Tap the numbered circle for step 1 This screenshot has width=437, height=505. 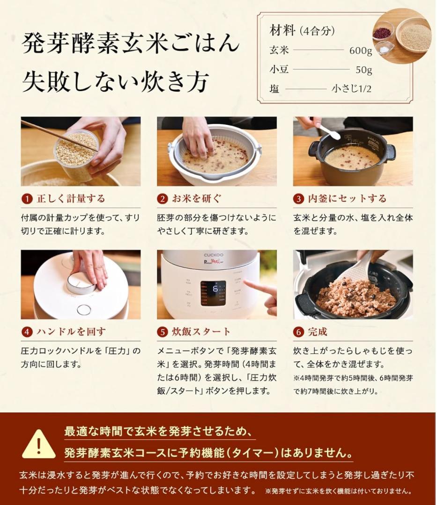point(27,199)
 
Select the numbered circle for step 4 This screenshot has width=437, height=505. point(27,332)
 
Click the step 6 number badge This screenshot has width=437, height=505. point(299,332)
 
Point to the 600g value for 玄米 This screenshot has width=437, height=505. point(361,51)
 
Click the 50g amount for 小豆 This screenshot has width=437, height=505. point(363,70)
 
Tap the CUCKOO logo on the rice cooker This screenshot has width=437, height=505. point(213,255)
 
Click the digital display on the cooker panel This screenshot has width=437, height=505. point(213,293)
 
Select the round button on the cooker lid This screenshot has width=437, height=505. point(84,309)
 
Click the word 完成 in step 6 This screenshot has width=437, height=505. point(317,332)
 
